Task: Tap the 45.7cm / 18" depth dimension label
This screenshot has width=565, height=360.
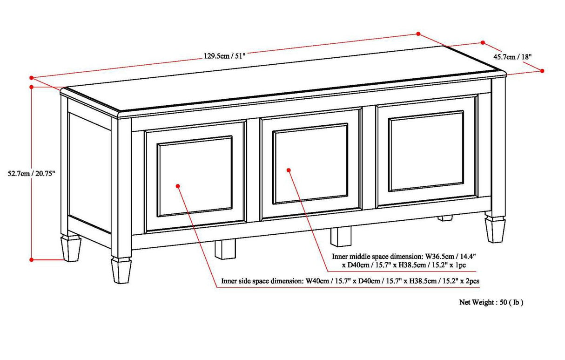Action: pyautogui.click(x=512, y=57)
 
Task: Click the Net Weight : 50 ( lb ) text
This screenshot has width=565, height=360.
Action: pyautogui.click(x=491, y=302)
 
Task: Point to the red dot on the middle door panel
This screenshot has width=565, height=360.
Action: pyautogui.click(x=289, y=170)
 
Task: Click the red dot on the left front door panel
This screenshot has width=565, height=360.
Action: pyautogui.click(x=178, y=186)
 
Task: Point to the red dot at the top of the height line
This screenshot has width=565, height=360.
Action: pyautogui.click(x=31, y=87)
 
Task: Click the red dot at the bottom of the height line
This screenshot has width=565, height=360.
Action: pyautogui.click(x=31, y=259)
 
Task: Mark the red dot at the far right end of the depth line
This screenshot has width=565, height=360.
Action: pyautogui.click(x=543, y=71)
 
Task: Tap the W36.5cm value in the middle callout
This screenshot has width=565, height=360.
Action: pyautogui.click(x=438, y=256)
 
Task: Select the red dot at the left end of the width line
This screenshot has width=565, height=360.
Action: pyautogui.click(x=31, y=78)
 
